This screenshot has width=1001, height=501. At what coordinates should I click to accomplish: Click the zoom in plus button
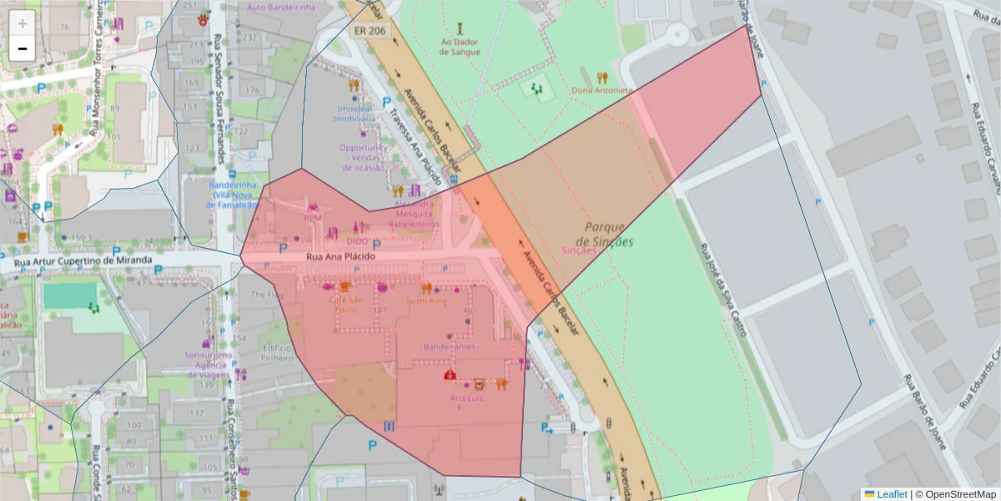(23, 23)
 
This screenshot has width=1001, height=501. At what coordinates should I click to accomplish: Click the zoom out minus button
(23, 48)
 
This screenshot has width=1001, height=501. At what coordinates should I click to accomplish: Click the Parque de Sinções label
(608, 234)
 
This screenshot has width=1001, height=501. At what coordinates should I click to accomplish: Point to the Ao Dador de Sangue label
(460, 46)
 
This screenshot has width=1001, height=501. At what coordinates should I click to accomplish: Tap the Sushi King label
(426, 301)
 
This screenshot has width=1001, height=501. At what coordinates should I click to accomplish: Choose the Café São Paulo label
(345, 304)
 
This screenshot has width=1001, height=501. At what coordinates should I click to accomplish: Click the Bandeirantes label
(449, 346)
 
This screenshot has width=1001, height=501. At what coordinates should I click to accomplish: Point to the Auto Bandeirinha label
(282, 7)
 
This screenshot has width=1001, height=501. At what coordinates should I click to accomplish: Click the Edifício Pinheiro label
(276, 352)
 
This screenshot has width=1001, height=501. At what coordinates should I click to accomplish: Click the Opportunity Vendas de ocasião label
(363, 157)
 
